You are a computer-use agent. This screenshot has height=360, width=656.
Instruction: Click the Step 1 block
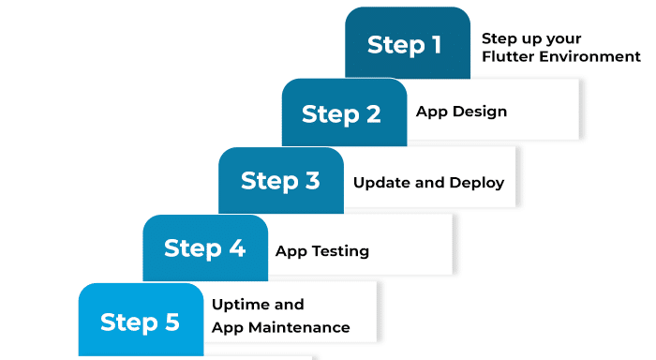point(407,44)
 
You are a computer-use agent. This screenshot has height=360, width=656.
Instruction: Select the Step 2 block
point(344,112)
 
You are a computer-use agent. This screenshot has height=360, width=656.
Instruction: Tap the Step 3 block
point(281,181)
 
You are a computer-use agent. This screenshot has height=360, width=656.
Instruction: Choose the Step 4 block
point(205,248)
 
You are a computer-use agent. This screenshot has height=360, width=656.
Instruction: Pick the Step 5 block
point(141,321)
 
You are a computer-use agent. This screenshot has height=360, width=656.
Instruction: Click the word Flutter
point(505,56)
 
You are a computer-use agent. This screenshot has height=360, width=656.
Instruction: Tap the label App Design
point(461,112)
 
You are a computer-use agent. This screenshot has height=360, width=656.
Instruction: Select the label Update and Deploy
point(428,183)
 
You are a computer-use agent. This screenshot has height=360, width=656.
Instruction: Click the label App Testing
point(321,251)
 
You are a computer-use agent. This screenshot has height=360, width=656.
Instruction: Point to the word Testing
point(339,251)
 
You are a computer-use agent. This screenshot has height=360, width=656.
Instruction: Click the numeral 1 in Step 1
point(436,45)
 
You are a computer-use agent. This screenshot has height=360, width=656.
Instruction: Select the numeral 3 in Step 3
point(312,181)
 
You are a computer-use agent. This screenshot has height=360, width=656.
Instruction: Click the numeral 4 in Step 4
point(237,249)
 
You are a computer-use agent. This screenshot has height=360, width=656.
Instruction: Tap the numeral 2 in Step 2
point(373,114)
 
